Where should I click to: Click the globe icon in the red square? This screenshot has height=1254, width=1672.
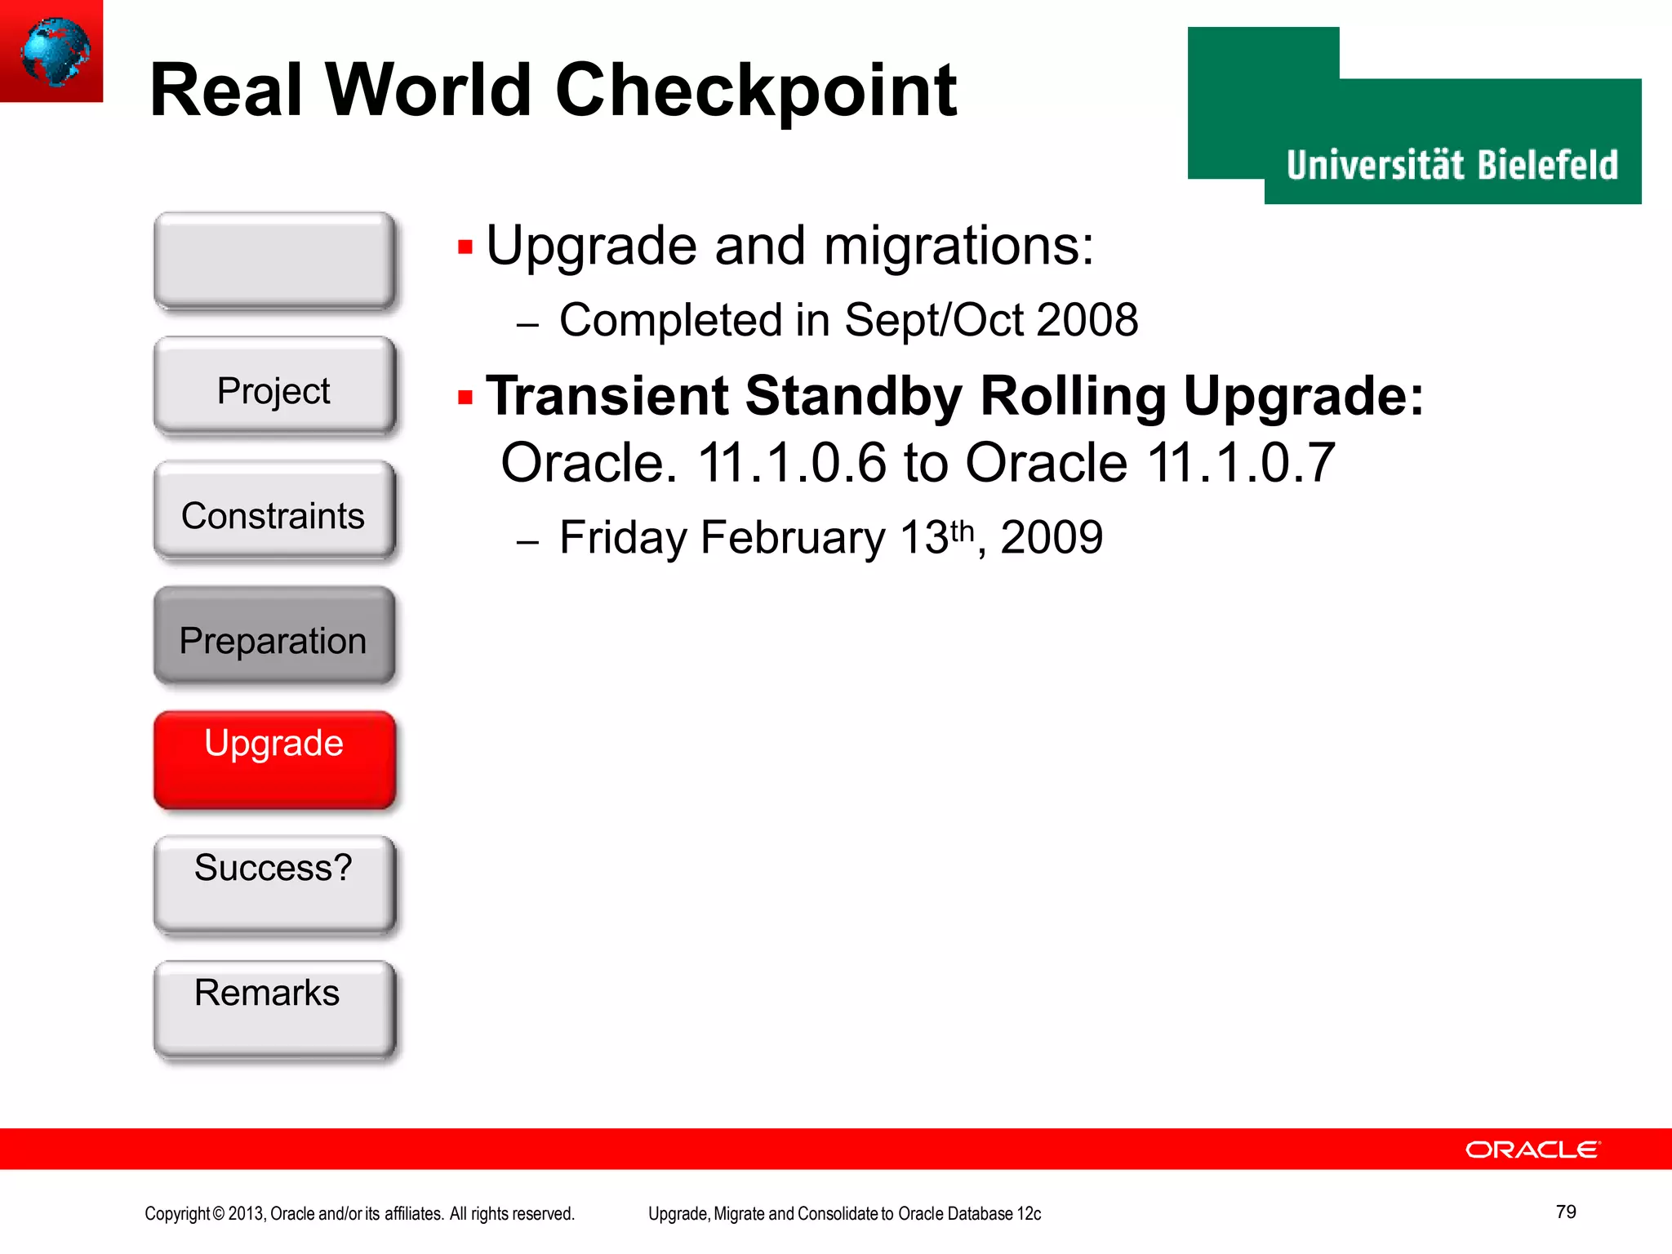(x=54, y=51)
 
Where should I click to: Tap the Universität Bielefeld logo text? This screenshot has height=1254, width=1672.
(x=1452, y=165)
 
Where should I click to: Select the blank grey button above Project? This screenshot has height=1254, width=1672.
(x=274, y=260)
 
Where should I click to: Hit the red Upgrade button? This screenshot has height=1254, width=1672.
(x=274, y=760)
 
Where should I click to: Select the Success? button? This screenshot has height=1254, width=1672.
(x=274, y=885)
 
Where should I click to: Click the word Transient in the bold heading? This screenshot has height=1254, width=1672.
(x=607, y=396)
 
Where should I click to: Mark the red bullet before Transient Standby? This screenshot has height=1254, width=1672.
(x=465, y=398)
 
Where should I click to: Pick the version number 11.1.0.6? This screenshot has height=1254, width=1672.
(x=791, y=463)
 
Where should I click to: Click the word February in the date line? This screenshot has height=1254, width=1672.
(x=792, y=538)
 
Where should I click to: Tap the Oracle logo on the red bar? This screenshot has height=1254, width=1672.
(x=1532, y=1149)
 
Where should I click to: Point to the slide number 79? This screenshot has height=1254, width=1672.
(x=1565, y=1212)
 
